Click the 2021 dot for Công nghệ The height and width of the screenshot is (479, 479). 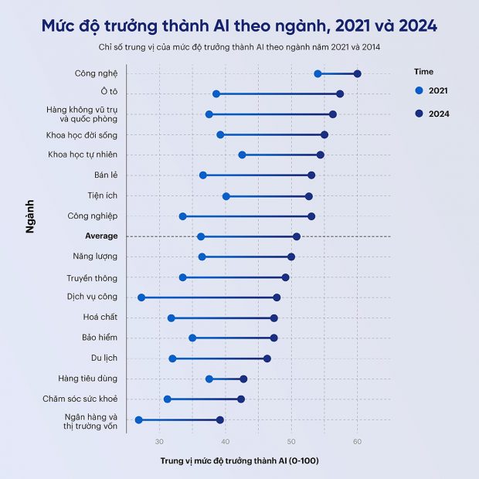click(318, 73)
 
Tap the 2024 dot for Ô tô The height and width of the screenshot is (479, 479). click(340, 94)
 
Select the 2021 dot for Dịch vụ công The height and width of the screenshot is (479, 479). click(141, 297)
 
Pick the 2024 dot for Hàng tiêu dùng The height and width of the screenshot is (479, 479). click(243, 379)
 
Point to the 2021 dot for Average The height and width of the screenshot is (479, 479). click(201, 236)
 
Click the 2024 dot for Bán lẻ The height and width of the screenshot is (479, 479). click(311, 175)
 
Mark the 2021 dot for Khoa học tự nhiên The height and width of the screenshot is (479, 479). click(242, 155)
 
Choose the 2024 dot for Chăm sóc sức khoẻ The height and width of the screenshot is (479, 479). click(241, 399)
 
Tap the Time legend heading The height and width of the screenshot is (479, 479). click(424, 72)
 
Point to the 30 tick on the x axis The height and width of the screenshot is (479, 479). click(160, 441)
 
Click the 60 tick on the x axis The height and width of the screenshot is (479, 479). click(357, 441)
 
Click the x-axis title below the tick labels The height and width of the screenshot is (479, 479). click(239, 461)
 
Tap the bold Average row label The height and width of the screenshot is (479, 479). click(101, 236)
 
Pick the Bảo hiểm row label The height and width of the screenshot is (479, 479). click(100, 338)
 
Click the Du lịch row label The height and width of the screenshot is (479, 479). click(104, 358)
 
